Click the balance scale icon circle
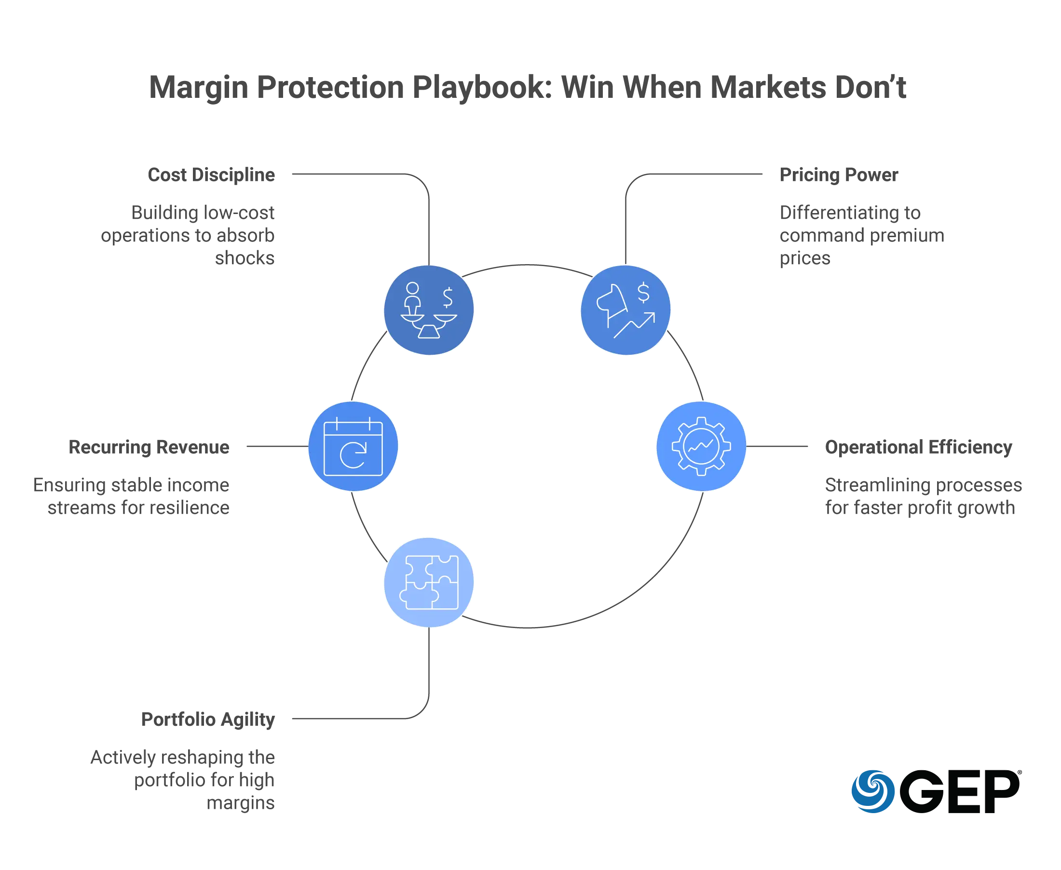pyautogui.click(x=429, y=310)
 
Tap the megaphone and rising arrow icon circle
pyautogui.click(x=626, y=310)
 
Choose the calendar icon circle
pyautogui.click(x=353, y=445)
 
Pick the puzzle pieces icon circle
pyautogui.click(x=429, y=582)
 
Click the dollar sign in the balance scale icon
pyautogui.click(x=447, y=297)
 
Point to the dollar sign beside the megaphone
pyautogui.click(x=643, y=293)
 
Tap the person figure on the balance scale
pyautogui.click(x=413, y=297)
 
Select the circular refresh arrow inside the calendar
pyautogui.click(x=353, y=455)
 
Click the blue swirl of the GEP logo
pyautogui.click(x=872, y=790)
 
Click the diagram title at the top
pyautogui.click(x=529, y=88)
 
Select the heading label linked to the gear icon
pyautogui.click(x=919, y=447)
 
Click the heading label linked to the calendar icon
pyautogui.click(x=150, y=447)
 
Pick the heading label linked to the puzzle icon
pyautogui.click(x=207, y=720)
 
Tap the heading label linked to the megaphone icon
pyautogui.click(x=838, y=174)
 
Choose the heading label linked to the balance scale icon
pyautogui.click(x=212, y=174)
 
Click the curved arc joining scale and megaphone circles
pyautogui.click(x=527, y=265)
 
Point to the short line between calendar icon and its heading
pyautogui.click(x=275, y=445)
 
